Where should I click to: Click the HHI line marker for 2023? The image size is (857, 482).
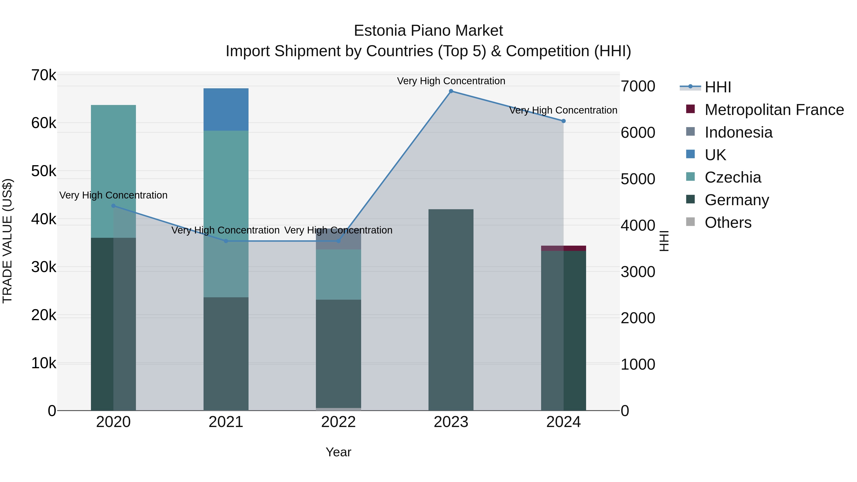tap(451, 91)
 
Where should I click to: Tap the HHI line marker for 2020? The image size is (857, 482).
tap(114, 206)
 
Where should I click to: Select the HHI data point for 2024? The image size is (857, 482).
tap(563, 121)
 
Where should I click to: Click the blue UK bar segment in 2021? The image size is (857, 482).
tap(226, 109)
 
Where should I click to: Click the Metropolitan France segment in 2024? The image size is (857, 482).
tap(563, 248)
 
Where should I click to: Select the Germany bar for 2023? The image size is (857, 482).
tap(451, 309)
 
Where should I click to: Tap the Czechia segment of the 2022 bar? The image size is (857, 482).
tap(338, 274)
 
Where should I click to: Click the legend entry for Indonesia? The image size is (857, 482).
tap(738, 132)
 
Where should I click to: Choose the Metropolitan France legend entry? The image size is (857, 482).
tap(774, 110)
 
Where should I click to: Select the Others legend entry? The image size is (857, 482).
tap(728, 223)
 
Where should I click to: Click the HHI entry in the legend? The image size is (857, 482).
tap(717, 87)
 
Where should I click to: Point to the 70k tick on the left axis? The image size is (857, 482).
tap(44, 75)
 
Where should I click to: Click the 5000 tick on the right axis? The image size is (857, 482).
tap(638, 179)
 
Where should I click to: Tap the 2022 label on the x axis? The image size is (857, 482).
tap(338, 422)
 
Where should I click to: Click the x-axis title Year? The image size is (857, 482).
tap(338, 452)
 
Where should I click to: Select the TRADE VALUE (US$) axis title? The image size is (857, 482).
tap(7, 241)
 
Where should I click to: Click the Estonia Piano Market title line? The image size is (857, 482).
tap(428, 31)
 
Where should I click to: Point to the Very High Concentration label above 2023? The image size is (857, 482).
tap(451, 81)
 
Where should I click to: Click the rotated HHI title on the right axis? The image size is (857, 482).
tap(664, 241)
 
